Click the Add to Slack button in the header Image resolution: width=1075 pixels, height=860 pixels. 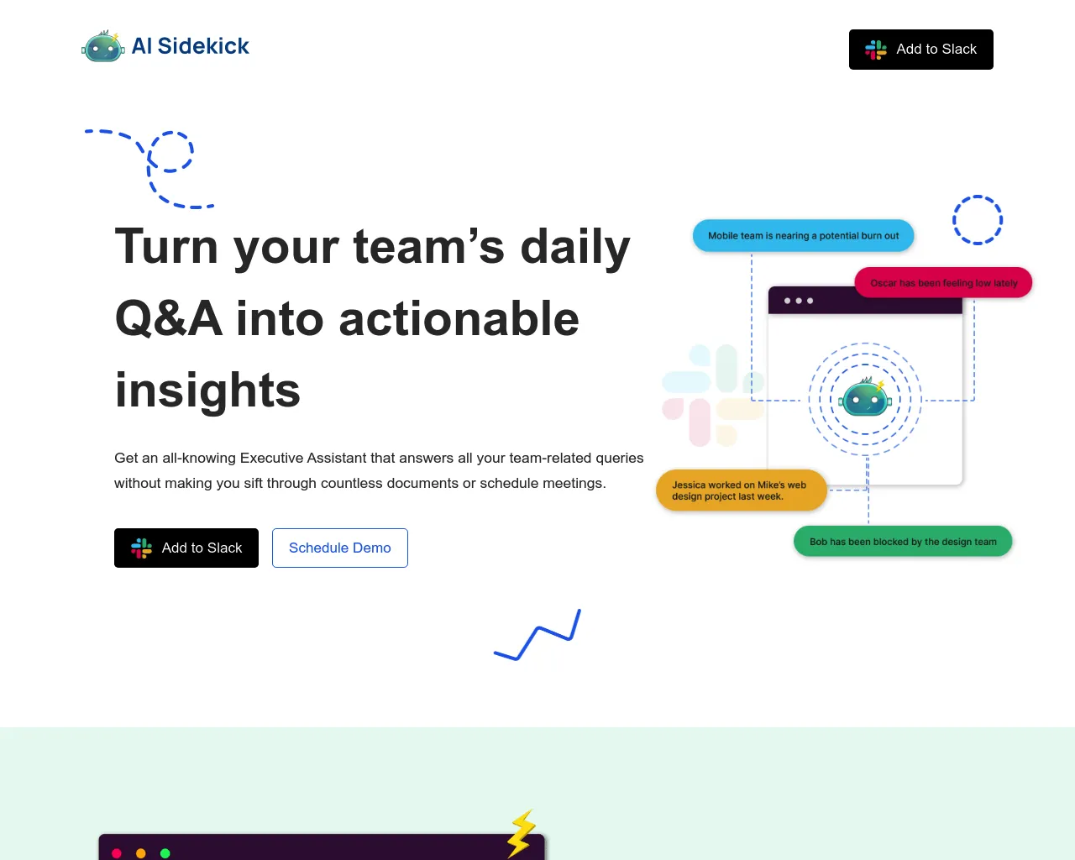(x=920, y=50)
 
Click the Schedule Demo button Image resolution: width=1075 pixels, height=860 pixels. (x=340, y=548)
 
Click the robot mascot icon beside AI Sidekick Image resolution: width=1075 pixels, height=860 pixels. (x=103, y=47)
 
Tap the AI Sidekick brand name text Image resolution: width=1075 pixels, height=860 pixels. (x=191, y=46)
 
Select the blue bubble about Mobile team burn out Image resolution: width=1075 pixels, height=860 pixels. (x=803, y=236)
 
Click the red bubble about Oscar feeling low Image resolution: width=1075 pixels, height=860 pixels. (x=943, y=283)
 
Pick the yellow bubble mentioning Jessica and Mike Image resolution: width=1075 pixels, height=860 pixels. (x=741, y=490)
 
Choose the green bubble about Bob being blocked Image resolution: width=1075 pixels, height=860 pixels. (x=903, y=542)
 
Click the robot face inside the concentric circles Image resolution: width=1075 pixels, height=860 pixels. (x=865, y=398)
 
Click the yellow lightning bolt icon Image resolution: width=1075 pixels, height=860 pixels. (x=522, y=833)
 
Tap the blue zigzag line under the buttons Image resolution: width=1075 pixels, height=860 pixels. (x=537, y=636)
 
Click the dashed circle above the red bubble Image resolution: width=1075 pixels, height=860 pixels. (x=978, y=220)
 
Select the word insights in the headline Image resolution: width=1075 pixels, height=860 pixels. (x=207, y=391)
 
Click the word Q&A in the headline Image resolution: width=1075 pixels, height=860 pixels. (x=168, y=319)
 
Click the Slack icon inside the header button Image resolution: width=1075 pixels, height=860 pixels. (x=876, y=50)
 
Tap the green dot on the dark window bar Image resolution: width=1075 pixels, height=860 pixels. (x=165, y=853)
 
